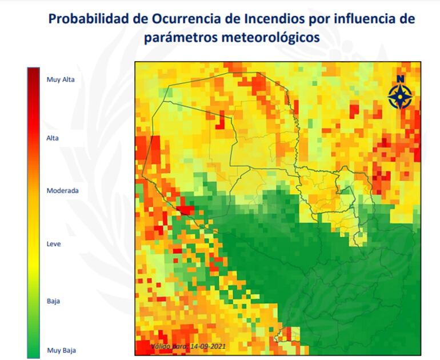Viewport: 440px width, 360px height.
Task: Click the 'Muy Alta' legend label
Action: click(x=61, y=79)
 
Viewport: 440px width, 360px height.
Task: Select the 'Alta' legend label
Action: click(x=53, y=138)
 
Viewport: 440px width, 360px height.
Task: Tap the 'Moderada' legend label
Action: click(x=62, y=191)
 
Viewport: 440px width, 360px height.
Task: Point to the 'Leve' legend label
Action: click(x=53, y=244)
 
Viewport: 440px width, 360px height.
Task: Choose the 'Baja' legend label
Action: click(x=53, y=301)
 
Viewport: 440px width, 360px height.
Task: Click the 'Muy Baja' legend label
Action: click(x=61, y=350)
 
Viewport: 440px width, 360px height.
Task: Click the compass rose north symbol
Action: click(x=400, y=95)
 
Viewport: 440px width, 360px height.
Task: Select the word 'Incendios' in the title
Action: click(x=271, y=18)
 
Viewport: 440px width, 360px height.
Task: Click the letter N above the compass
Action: click(x=400, y=78)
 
